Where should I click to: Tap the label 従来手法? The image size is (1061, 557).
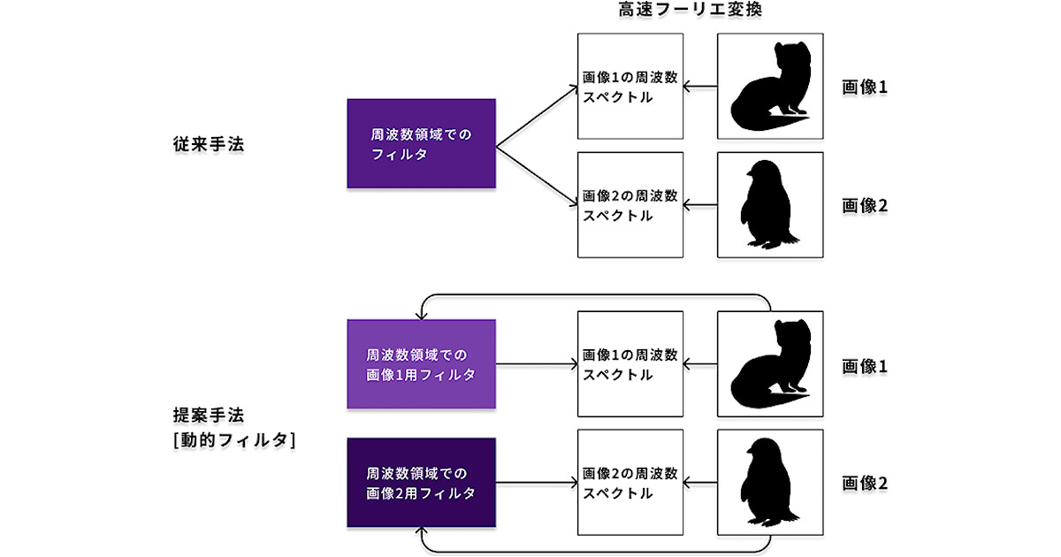[x=209, y=144]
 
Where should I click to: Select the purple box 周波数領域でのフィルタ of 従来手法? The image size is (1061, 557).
[x=421, y=143]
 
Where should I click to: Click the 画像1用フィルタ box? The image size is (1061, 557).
[x=421, y=364]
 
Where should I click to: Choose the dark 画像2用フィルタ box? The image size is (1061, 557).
[x=421, y=482]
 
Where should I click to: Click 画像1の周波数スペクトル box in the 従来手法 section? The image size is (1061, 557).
[x=630, y=87]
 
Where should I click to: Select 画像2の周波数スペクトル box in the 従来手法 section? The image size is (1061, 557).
[x=630, y=205]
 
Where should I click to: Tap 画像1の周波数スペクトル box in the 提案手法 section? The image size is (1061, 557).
[x=630, y=364]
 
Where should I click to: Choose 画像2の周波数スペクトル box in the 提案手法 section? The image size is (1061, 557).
[x=630, y=483]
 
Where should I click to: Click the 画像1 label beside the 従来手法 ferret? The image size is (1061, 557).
[x=865, y=88]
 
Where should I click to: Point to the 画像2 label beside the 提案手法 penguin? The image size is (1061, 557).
[x=865, y=484]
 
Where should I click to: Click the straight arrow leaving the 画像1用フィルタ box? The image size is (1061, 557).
[x=536, y=363]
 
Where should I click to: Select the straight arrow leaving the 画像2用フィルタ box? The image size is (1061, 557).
[x=536, y=483]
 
